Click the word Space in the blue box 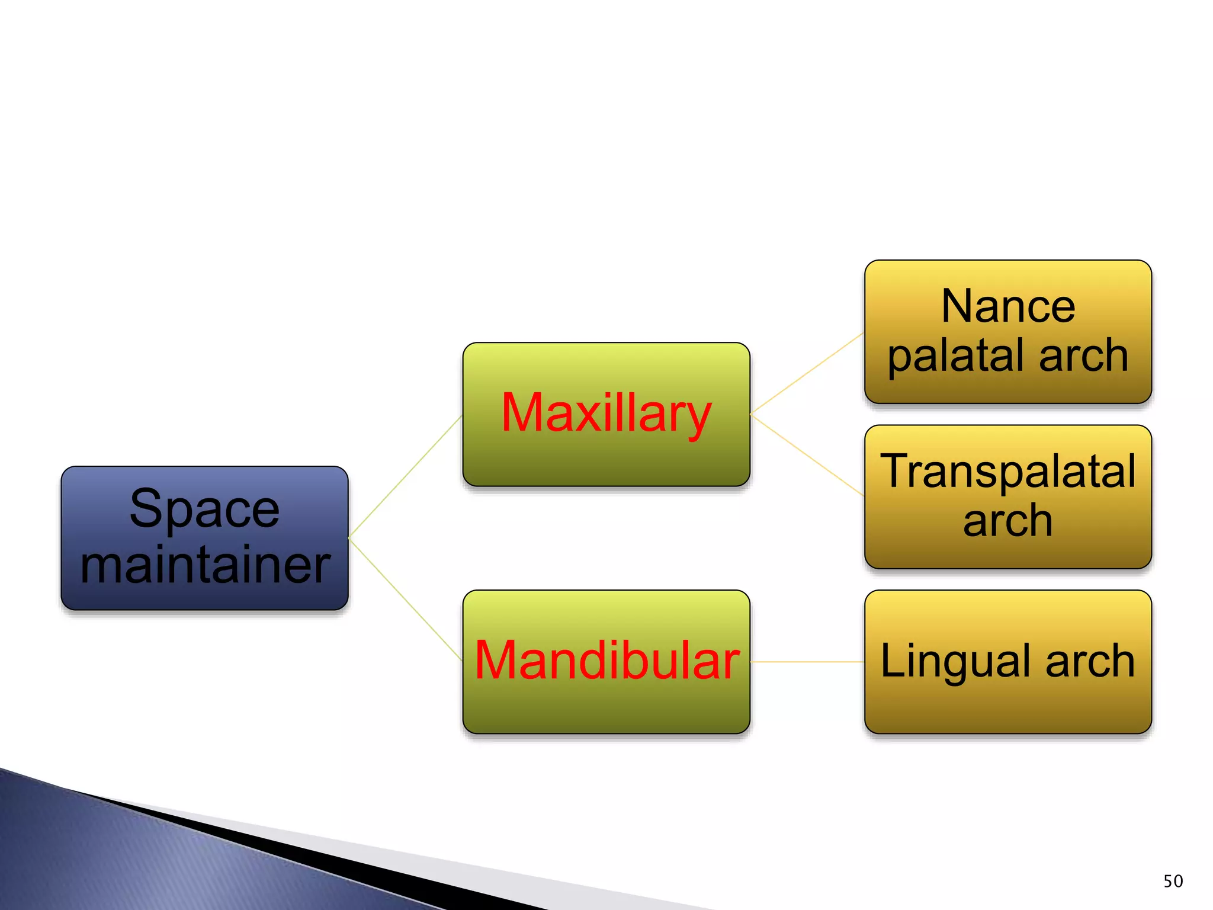click(204, 509)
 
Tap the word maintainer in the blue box click(205, 565)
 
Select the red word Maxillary click(606, 413)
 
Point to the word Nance click(1008, 306)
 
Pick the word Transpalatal click(1008, 471)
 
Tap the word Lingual click(954, 661)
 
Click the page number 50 click(1173, 881)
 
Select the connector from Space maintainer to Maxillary click(405, 476)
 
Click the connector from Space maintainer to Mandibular click(405, 599)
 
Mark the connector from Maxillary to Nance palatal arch click(807, 373)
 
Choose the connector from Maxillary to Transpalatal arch click(807, 454)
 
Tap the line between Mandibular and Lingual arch click(807, 662)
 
